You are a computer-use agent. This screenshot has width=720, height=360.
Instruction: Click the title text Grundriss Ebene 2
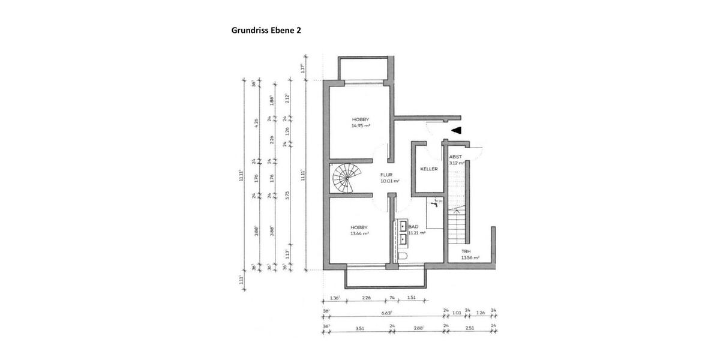[x=266, y=29]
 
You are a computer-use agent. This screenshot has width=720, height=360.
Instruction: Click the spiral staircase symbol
[x=346, y=178]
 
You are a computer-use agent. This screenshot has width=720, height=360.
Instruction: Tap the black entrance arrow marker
[x=457, y=130]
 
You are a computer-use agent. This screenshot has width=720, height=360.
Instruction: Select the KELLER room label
[x=428, y=169]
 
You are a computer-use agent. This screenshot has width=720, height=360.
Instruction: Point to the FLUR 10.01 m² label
[x=389, y=177]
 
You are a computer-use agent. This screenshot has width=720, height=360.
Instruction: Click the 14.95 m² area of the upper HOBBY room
[x=361, y=126]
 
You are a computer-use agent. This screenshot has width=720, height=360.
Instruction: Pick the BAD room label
[x=413, y=227]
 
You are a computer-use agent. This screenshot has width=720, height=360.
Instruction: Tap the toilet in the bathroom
[x=402, y=256]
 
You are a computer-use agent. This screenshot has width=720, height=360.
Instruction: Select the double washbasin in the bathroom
[x=403, y=233]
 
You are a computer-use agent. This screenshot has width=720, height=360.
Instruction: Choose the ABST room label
[x=456, y=157]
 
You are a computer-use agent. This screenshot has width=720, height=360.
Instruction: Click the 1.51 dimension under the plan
[x=412, y=297]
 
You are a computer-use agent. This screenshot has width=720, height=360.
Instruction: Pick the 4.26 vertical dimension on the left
[x=256, y=121]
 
